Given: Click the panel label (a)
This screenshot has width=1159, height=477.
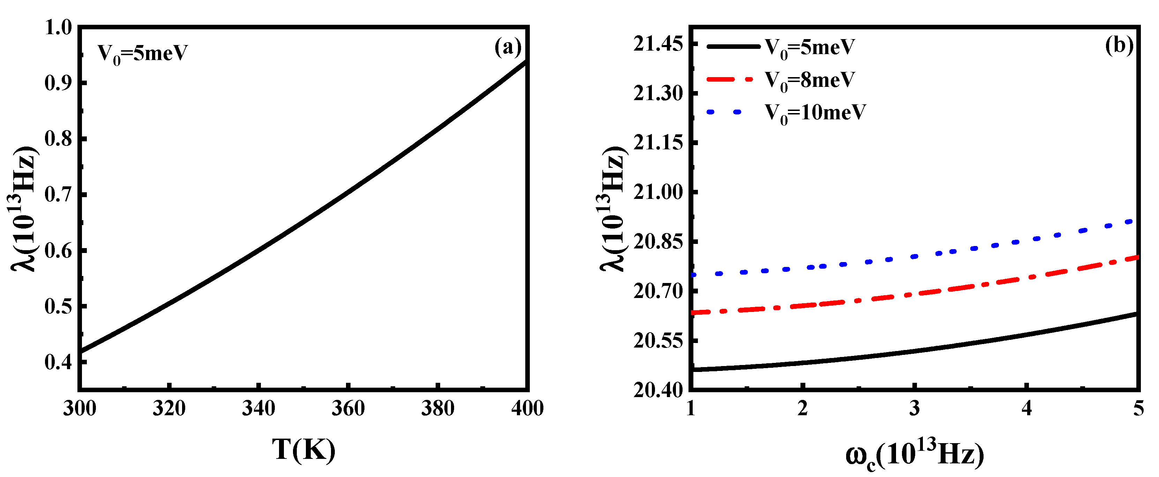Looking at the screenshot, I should click(x=507, y=47).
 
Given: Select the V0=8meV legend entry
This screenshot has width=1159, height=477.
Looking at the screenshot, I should click(x=809, y=81).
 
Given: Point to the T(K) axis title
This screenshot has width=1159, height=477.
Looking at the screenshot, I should click(x=304, y=449).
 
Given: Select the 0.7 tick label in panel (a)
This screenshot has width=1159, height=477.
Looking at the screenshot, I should click(x=59, y=195).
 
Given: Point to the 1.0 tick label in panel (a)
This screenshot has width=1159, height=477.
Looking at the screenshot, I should click(x=59, y=28).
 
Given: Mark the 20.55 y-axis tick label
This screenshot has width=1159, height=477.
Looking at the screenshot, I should click(x=658, y=341).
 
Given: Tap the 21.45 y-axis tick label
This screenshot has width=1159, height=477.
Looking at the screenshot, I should click(x=658, y=44).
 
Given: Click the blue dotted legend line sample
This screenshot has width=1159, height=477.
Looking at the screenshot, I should click(x=724, y=112).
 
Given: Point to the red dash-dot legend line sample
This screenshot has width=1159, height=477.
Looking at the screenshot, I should click(x=729, y=80).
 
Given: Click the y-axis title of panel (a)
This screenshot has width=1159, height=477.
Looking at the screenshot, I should click(x=23, y=209).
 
